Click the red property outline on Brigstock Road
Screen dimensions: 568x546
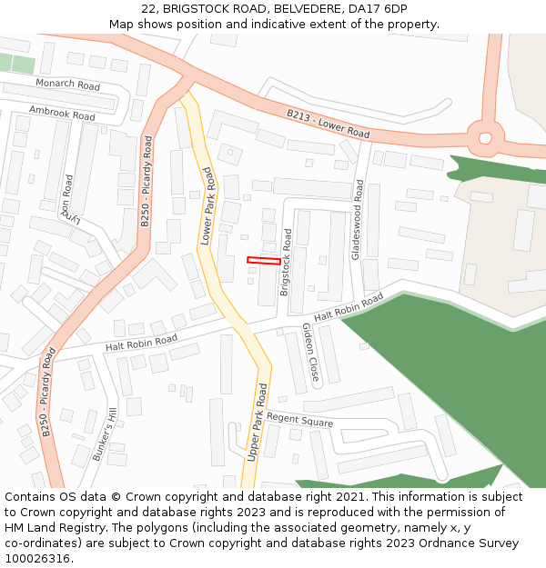point(264,261)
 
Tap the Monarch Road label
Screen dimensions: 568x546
point(68,85)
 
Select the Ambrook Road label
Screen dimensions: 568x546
point(62,113)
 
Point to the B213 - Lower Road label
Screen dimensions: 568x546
point(329,124)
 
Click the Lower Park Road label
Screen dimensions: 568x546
point(207,205)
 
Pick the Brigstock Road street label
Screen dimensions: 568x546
point(286,262)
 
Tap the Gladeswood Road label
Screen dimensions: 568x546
point(358,219)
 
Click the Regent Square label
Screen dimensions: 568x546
point(300,422)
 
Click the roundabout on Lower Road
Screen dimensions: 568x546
point(485,138)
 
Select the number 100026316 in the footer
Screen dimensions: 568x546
point(35,558)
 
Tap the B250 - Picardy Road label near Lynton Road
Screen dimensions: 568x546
point(146,181)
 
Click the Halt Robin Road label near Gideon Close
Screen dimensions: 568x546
point(349,307)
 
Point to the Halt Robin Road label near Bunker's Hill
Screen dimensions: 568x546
point(141,343)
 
